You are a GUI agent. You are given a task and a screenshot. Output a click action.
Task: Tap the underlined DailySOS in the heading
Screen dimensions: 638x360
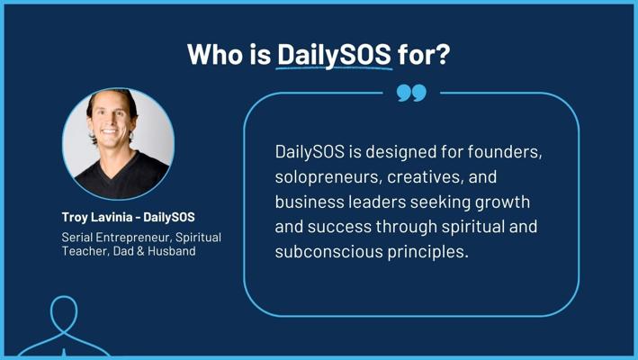[334, 55]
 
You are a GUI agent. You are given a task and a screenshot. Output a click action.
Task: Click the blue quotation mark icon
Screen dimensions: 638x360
[411, 94]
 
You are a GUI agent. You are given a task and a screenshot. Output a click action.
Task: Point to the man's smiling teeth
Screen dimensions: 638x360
[110, 131]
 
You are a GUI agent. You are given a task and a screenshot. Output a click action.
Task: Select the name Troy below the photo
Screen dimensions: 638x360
[75, 217]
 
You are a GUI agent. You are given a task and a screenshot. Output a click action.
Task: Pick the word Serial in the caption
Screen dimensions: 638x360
[76, 238]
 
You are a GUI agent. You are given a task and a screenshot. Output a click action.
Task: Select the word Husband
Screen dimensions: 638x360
[171, 251]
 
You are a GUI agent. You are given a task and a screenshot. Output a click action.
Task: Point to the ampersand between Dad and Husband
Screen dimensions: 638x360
[140, 251]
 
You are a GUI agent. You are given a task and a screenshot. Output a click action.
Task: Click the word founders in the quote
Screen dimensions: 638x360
[505, 152]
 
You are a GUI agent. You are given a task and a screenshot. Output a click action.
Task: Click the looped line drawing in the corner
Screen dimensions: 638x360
[63, 326]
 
